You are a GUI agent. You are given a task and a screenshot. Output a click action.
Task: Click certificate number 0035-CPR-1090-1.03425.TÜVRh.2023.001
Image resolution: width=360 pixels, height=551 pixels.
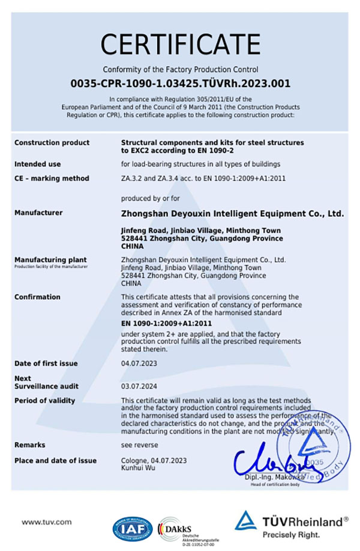click(180, 83)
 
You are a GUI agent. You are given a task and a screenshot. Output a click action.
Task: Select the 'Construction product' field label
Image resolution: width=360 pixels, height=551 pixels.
click(52, 143)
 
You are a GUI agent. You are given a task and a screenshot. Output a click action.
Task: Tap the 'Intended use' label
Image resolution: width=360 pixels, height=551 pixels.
click(37, 164)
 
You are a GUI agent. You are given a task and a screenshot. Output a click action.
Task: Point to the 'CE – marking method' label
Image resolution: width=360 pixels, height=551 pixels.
click(52, 178)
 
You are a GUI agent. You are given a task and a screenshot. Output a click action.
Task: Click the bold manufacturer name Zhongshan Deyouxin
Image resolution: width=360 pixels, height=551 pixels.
click(232, 213)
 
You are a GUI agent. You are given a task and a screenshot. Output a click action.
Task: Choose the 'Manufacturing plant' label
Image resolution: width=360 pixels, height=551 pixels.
click(47, 259)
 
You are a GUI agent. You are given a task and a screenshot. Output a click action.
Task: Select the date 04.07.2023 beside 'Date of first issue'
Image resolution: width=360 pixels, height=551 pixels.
click(139, 364)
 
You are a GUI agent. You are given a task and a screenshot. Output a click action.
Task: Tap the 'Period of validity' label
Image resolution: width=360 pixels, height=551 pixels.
click(45, 400)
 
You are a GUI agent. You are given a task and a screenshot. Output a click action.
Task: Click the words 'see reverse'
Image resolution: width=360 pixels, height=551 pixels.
click(140, 445)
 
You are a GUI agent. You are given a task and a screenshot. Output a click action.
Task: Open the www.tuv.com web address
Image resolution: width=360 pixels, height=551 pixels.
click(47, 522)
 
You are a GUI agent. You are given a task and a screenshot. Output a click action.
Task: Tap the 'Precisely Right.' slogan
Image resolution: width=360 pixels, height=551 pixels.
click(290, 534)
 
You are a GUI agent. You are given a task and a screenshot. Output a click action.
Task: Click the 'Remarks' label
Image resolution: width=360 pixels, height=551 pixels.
click(30, 445)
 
